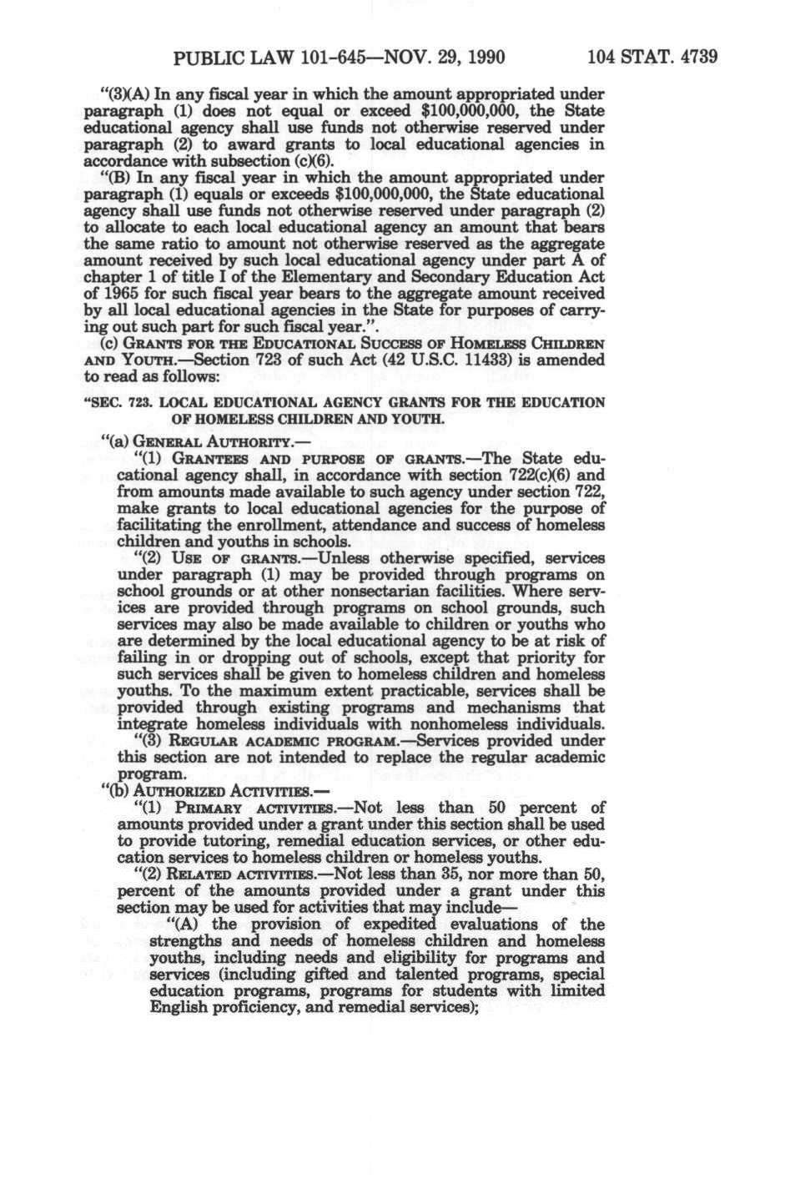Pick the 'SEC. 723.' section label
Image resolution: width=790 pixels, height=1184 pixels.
130,402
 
